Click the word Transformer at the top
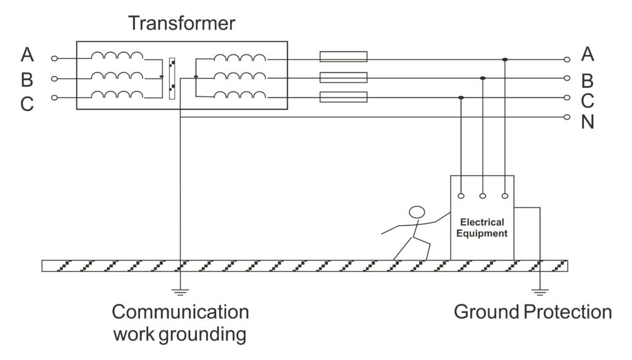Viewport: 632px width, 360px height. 182,23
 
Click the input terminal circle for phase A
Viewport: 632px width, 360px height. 54,59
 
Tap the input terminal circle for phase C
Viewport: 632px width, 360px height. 54,98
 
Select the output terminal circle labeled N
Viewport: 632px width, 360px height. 567,117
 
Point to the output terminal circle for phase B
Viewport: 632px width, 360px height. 567,78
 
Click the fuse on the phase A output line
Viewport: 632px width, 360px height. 343,56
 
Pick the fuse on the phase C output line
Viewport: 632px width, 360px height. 343,97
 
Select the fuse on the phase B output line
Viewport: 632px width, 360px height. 343,77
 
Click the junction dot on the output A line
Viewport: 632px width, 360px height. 505,60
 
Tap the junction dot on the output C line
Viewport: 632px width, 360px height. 461,98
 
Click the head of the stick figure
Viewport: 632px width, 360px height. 417,212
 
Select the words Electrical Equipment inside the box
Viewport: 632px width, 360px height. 481,228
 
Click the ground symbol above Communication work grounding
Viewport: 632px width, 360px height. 180,292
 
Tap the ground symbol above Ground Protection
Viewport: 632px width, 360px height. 539,292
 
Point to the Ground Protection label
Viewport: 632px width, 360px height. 533,312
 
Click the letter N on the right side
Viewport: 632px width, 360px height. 588,122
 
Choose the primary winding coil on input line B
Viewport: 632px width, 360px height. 117,76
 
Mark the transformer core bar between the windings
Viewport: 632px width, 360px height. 172,78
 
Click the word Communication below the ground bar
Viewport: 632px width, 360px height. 180,312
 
